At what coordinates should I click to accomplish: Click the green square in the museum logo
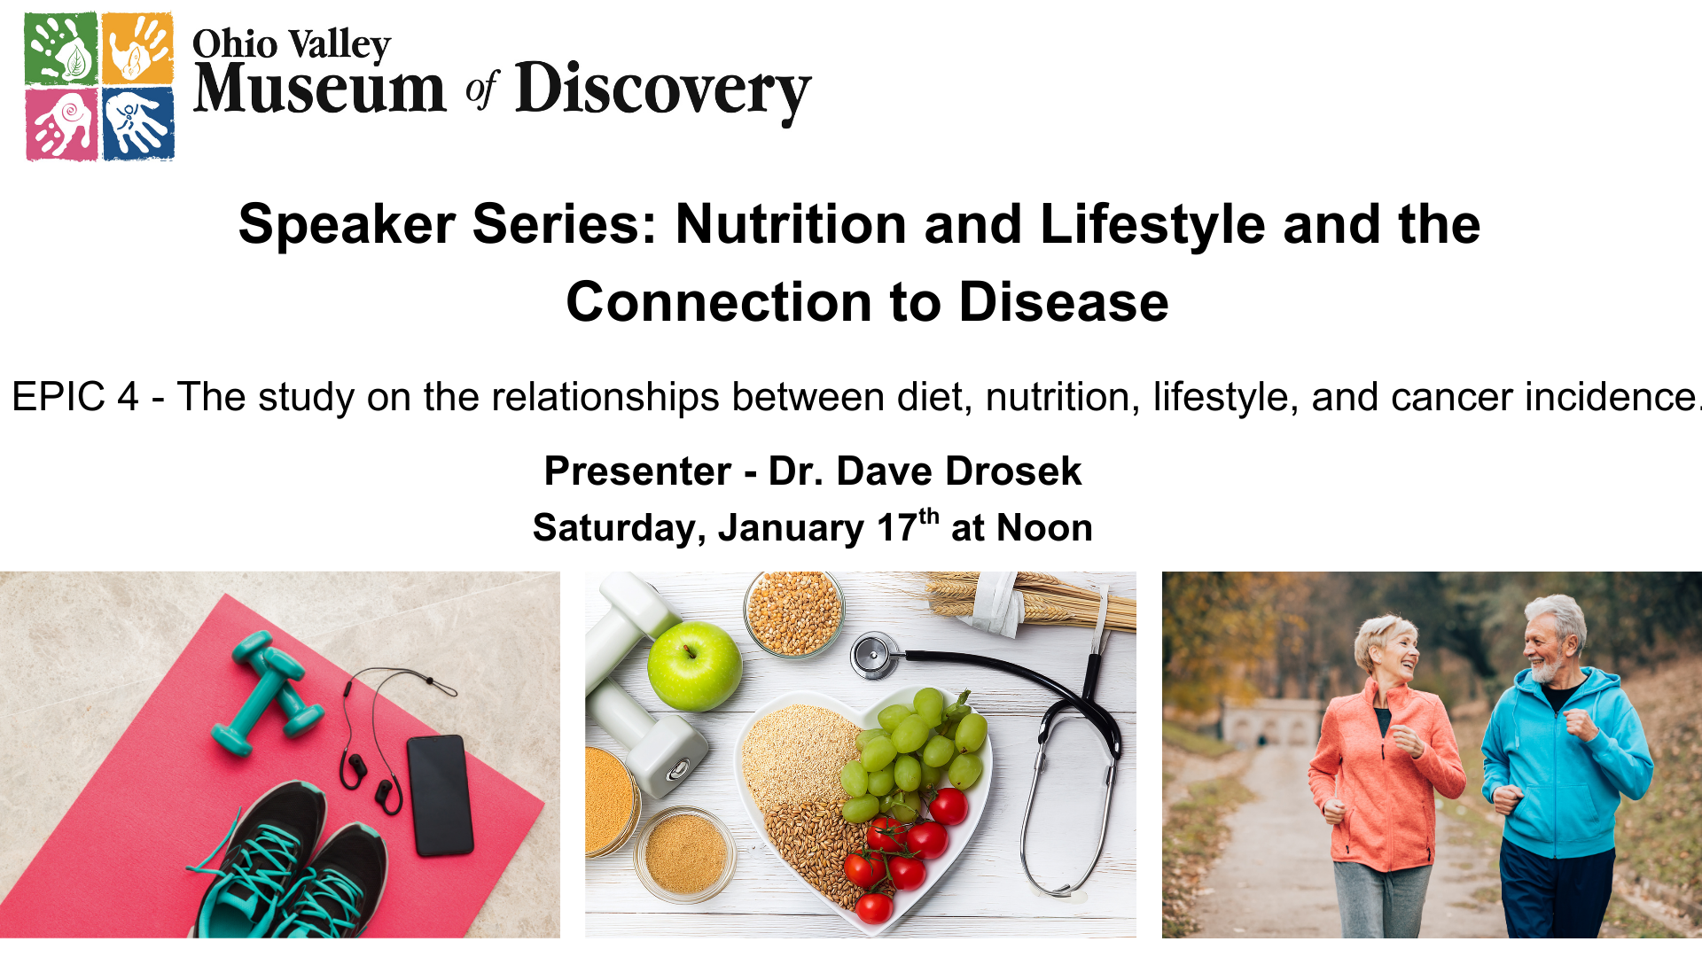pos(61,48)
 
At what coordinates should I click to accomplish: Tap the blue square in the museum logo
pos(138,124)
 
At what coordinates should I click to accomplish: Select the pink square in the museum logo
pos(61,124)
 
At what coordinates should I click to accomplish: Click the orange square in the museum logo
pos(137,48)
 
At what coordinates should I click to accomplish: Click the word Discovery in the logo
pos(663,91)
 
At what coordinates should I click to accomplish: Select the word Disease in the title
pos(1064,302)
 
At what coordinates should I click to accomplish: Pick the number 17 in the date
pos(896,528)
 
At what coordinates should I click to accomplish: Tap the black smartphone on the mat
pos(440,795)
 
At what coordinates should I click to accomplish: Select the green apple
pos(694,666)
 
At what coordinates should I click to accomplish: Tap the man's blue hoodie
pos(1565,762)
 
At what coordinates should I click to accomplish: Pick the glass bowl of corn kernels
pos(794,612)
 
